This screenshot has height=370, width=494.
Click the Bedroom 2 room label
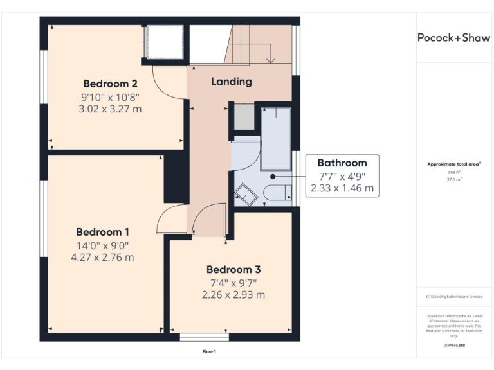pos(110,84)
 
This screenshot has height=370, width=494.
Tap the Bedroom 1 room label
pos(103,232)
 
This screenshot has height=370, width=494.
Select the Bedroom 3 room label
pos(233,269)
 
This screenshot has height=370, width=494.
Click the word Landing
pos(232,82)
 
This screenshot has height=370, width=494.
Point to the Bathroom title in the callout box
pos(342,163)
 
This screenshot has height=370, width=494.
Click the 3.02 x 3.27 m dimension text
pos(110,109)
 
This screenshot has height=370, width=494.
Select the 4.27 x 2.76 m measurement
pos(103,258)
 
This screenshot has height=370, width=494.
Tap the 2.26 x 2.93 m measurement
pos(233,295)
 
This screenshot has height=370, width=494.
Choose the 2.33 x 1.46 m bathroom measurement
pos(342,188)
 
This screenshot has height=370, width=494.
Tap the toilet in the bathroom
pos(279,193)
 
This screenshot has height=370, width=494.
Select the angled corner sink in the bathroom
pos(244,193)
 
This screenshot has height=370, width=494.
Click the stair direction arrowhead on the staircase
pos(271,60)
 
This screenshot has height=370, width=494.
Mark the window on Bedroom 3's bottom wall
pos(204,337)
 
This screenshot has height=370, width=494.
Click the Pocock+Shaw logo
pos(454,37)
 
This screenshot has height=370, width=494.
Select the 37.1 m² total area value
pos(454,180)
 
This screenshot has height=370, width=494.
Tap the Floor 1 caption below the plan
pos(209,351)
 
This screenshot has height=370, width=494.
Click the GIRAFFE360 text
pos(454,346)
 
